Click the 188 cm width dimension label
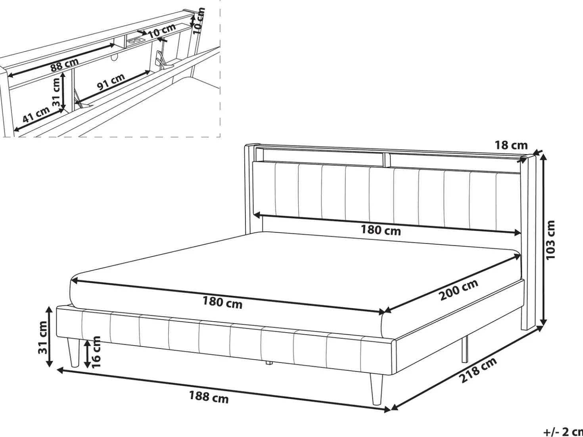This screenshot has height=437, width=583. (209, 397)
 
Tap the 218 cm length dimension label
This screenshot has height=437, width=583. (478, 370)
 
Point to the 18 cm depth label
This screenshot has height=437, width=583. (511, 145)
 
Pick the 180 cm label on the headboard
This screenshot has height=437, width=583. (381, 230)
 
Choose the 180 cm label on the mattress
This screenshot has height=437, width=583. (222, 303)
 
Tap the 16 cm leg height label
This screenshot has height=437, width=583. (96, 352)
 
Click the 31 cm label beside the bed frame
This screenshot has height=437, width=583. (43, 337)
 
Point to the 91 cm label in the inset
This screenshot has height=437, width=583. (111, 81)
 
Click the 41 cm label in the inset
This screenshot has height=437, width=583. (36, 115)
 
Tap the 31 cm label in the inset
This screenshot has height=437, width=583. (56, 92)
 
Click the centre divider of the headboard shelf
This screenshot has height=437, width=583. (387, 160)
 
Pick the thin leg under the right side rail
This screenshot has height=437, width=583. (464, 350)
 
